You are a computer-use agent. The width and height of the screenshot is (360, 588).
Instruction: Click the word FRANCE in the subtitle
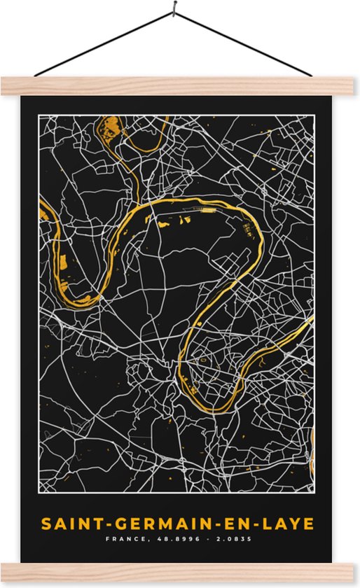[x=123, y=540]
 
